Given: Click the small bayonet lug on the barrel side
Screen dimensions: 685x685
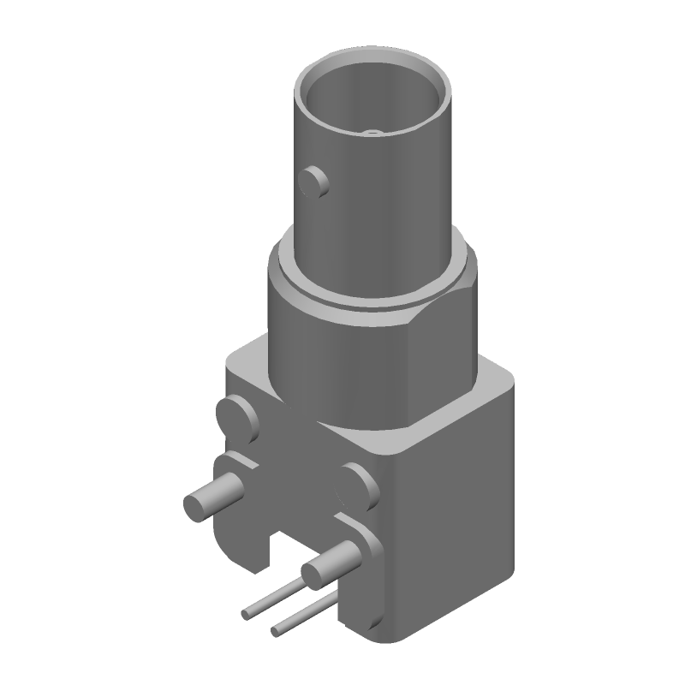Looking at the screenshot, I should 314,181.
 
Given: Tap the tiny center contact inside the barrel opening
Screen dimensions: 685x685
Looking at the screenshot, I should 372,133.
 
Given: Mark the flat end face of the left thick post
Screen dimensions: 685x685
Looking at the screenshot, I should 196,505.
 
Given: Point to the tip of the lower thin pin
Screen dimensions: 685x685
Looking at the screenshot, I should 276,632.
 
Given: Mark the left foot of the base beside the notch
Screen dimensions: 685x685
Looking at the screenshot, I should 244,548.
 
